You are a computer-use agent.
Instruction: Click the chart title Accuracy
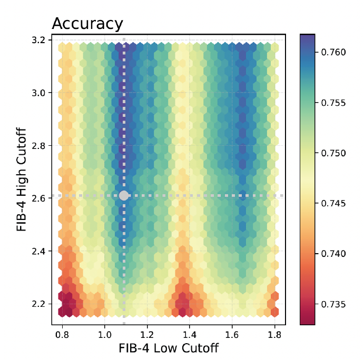click(x=87, y=24)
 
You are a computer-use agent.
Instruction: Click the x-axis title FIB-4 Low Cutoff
click(x=169, y=348)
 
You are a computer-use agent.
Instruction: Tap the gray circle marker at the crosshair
click(x=124, y=195)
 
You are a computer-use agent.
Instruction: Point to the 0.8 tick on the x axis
click(x=63, y=334)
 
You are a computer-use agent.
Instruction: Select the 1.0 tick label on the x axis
click(x=105, y=334)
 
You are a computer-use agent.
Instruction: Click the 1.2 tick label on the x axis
click(x=147, y=334)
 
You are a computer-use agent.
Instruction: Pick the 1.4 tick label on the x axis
click(x=190, y=334)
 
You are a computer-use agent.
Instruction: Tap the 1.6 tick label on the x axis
click(x=232, y=334)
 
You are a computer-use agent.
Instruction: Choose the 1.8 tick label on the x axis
click(x=274, y=334)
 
